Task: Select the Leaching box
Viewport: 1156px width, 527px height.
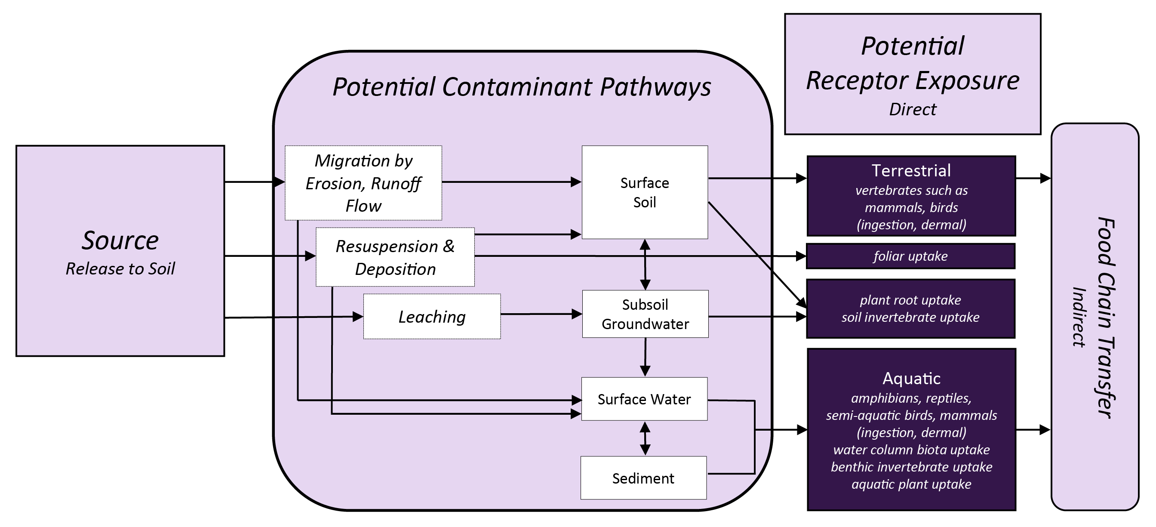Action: [x=432, y=317]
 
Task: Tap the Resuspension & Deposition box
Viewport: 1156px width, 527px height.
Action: [x=395, y=257]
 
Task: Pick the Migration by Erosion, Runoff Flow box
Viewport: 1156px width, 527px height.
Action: [x=363, y=183]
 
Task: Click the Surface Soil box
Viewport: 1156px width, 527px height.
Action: [x=644, y=192]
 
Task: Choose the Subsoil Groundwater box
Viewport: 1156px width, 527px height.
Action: [x=645, y=314]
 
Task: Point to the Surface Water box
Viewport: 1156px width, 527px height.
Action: [x=644, y=399]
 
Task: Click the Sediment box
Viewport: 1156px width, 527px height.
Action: [x=643, y=478]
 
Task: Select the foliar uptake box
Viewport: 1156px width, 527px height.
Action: [x=910, y=256]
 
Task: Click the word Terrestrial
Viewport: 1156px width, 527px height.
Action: [x=911, y=171]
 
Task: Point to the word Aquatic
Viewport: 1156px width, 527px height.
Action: [x=911, y=379]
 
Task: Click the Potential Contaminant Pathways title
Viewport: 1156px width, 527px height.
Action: [x=522, y=86]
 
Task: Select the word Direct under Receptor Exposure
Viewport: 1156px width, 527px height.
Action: [x=912, y=110]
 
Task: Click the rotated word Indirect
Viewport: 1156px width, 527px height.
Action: [x=1078, y=317]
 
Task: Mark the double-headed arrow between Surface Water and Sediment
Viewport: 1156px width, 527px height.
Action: [x=645, y=438]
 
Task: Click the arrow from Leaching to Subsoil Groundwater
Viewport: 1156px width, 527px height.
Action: [x=541, y=314]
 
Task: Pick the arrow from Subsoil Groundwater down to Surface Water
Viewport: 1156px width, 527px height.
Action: [x=645, y=357]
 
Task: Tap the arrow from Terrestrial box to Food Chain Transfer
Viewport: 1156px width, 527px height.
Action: [x=1032, y=178]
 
